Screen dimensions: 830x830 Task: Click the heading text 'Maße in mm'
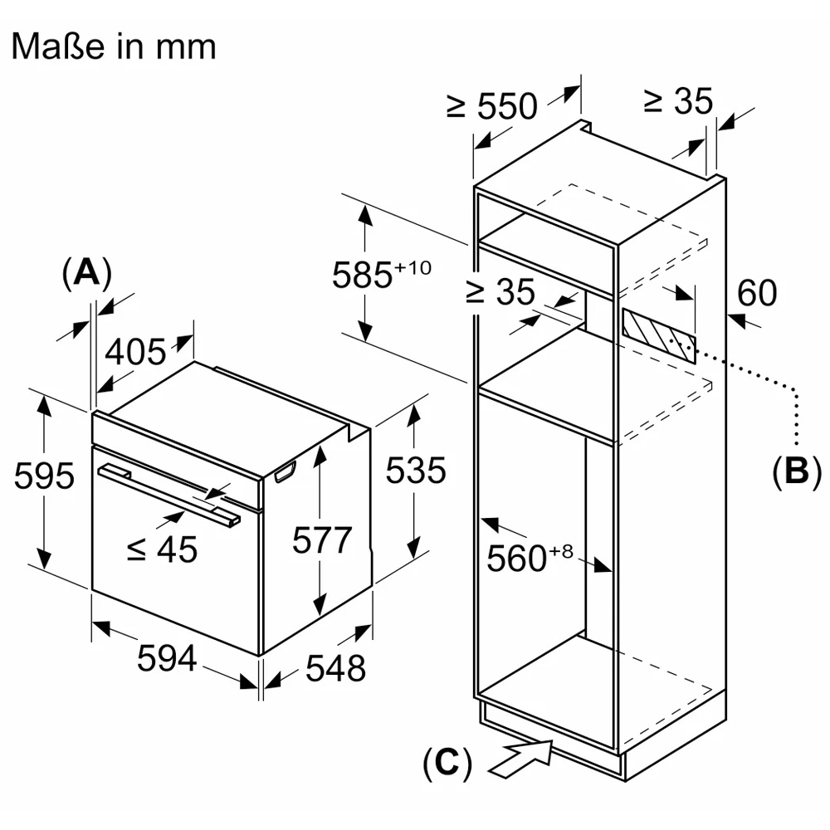(113, 46)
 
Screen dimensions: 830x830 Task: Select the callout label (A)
(86, 273)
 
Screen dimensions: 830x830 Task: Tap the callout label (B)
(795, 471)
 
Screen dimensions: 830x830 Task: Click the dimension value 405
(136, 352)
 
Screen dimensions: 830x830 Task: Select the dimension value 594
(167, 658)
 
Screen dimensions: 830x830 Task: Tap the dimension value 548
(335, 666)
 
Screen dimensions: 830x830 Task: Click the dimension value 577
(323, 540)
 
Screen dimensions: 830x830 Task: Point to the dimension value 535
(416, 471)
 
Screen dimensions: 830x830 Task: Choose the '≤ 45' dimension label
(162, 549)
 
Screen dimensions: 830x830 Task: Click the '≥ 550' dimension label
(492, 105)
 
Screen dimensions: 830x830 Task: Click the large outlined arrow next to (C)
(520, 757)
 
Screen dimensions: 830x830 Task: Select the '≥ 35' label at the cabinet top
(678, 101)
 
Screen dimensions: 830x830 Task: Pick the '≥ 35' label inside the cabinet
(500, 292)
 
